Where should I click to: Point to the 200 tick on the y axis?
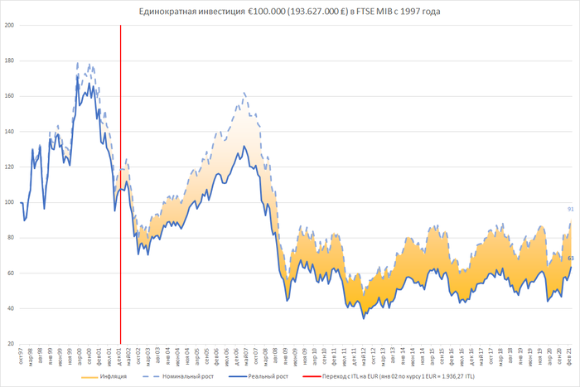(x=9, y=25)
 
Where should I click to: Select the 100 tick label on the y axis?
(x=9, y=202)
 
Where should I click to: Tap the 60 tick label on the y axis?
(x=11, y=273)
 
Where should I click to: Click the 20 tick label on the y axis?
(x=11, y=344)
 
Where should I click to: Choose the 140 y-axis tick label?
(x=9, y=131)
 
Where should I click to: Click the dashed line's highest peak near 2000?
(x=78, y=63)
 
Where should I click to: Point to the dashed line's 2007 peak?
(x=244, y=93)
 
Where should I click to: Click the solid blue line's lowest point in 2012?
(x=363, y=318)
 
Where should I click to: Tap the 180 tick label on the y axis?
(x=9, y=60)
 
